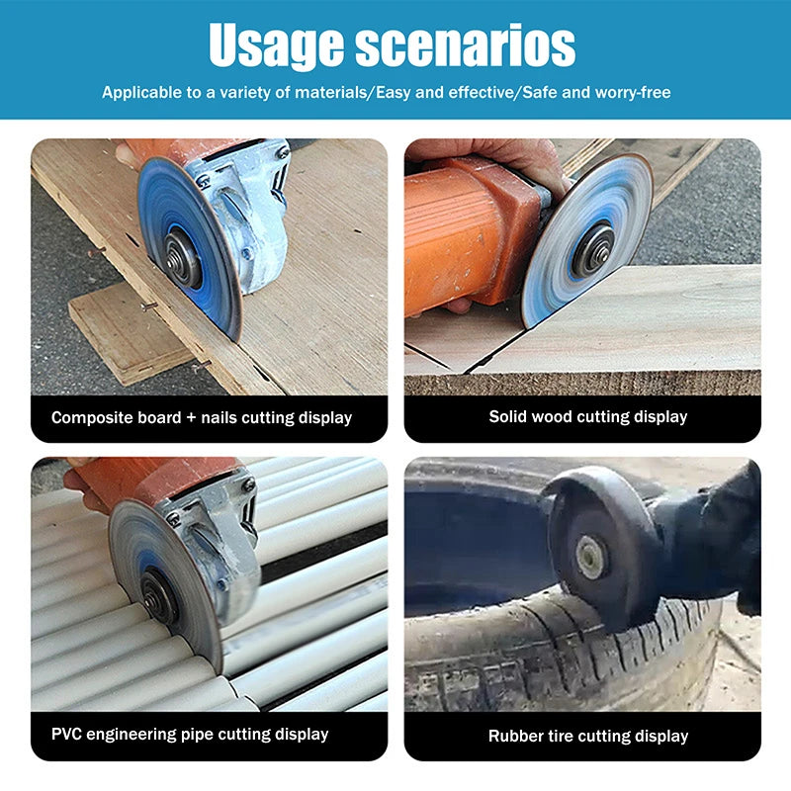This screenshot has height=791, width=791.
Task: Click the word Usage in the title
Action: pyautogui.click(x=276, y=46)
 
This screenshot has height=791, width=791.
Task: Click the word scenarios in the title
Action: pyautogui.click(x=465, y=44)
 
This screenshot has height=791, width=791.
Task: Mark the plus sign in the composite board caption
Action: pyautogui.click(x=191, y=417)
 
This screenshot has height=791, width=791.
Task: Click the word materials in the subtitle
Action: pyautogui.click(x=331, y=92)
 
